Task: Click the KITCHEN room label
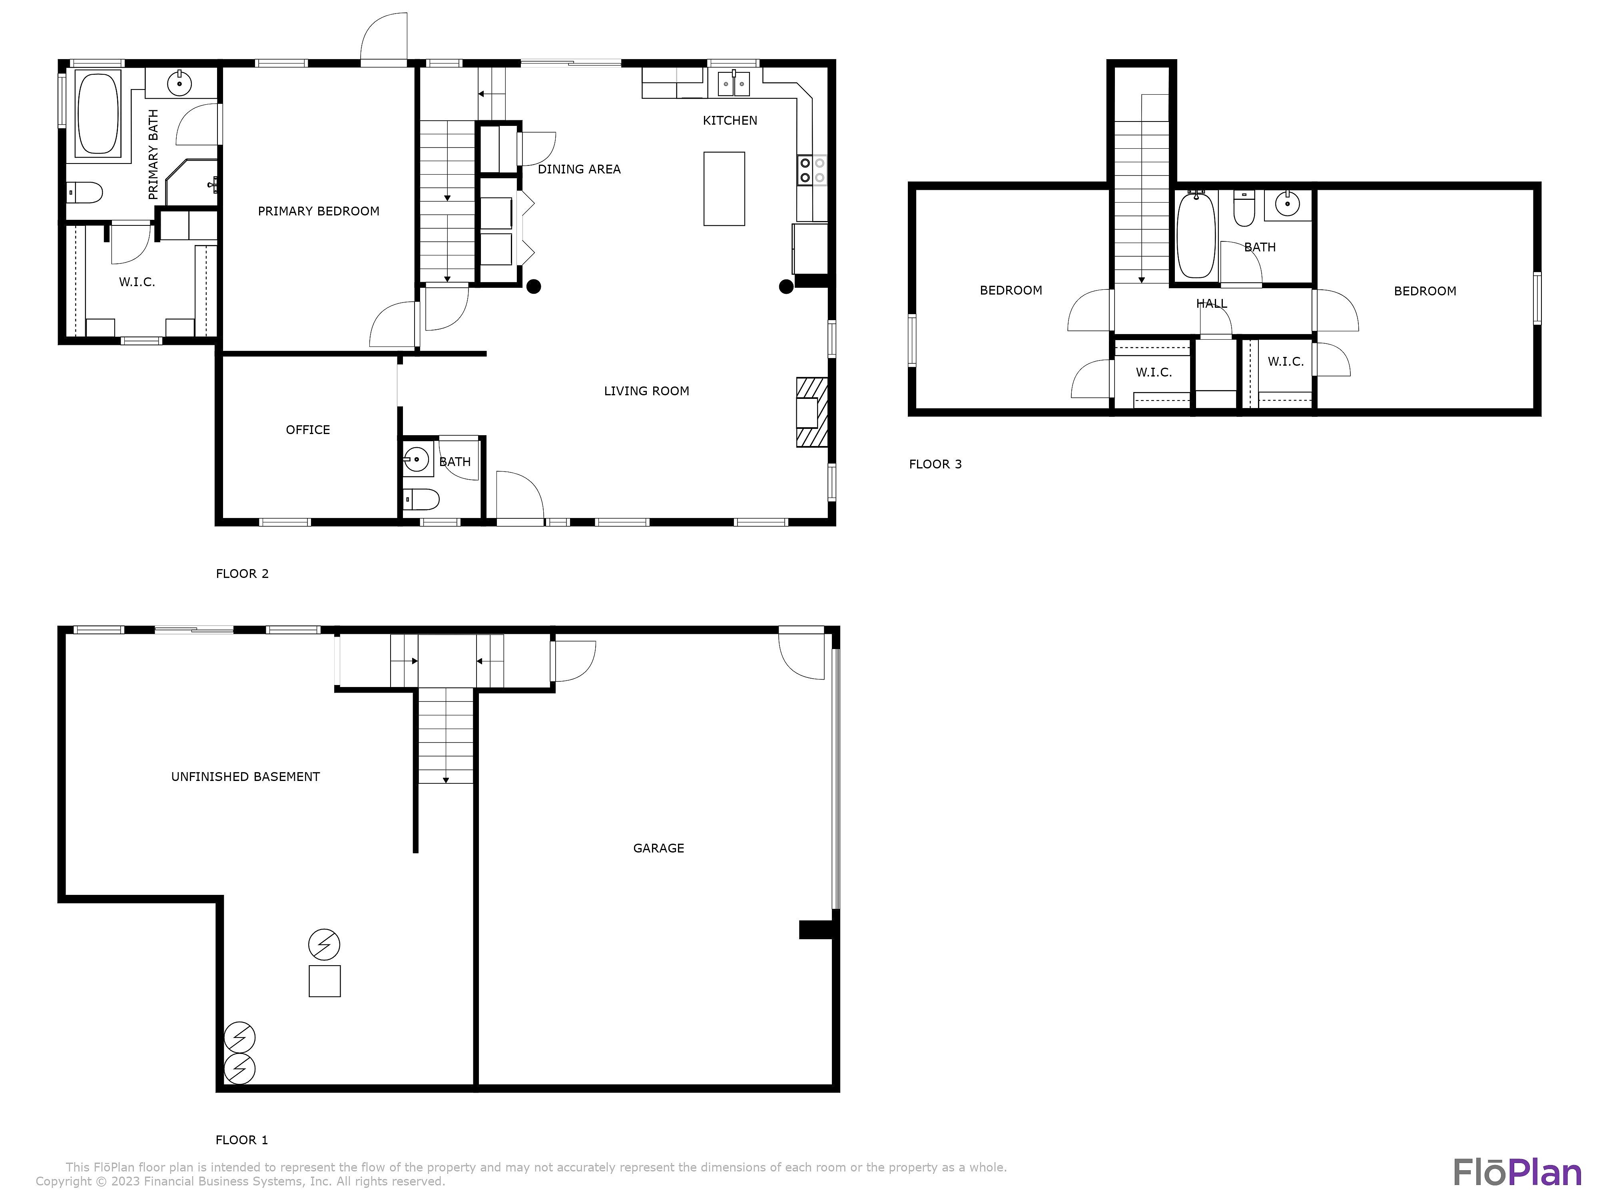tap(730, 121)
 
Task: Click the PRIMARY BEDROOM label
tap(319, 211)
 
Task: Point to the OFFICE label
tap(308, 430)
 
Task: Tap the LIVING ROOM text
tap(647, 391)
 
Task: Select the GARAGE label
tap(658, 848)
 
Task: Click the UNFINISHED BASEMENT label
tap(246, 777)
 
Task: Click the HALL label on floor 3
tap(1212, 303)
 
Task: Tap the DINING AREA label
tap(579, 169)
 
